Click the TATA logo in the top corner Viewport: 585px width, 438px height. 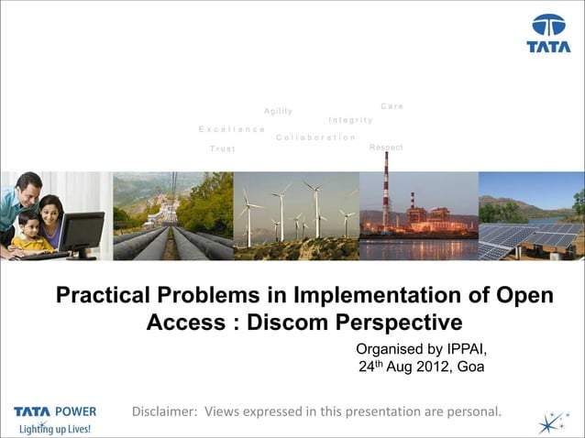coord(548,33)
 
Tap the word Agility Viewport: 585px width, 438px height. coord(278,112)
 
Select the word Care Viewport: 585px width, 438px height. coord(392,106)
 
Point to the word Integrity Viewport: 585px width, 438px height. coord(350,120)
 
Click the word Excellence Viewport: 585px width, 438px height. coord(232,129)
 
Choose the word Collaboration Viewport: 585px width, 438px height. coord(315,137)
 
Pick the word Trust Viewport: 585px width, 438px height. coord(223,148)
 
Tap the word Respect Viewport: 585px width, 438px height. coord(386,148)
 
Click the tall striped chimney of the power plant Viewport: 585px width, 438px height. coord(386,188)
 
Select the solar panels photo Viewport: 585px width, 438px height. coord(532,217)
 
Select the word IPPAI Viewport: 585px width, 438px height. coord(459,349)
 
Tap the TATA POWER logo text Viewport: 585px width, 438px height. coord(55,411)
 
